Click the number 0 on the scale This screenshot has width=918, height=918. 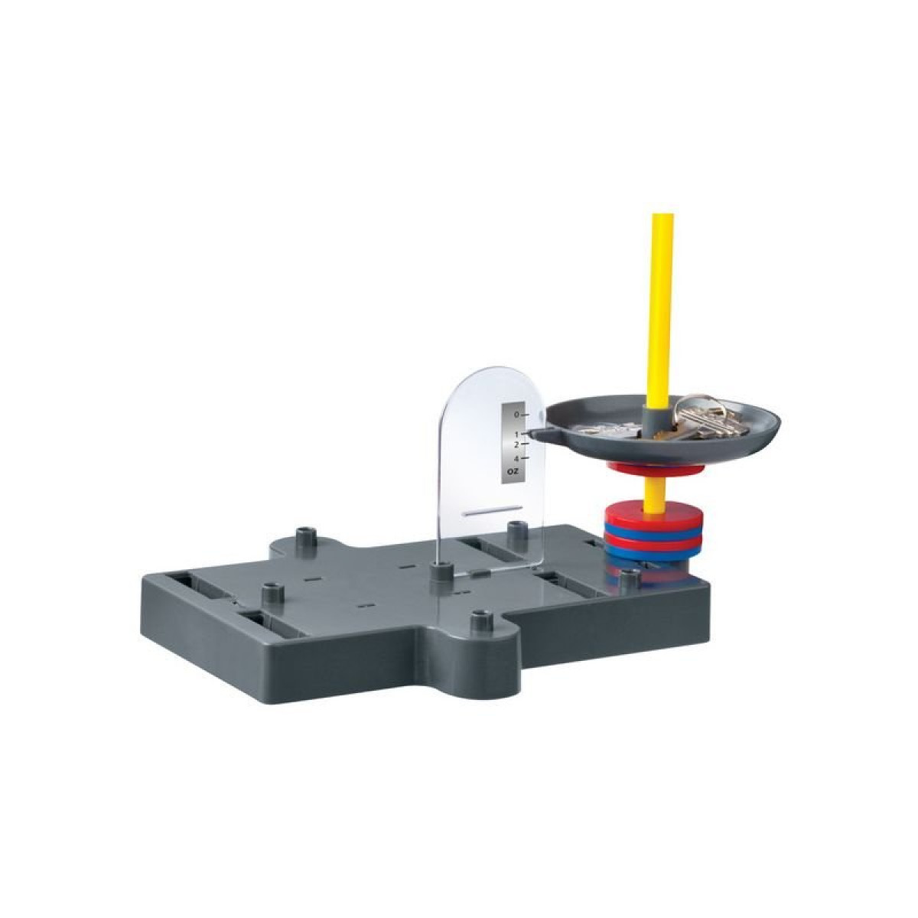[516, 415]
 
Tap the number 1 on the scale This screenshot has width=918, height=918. [516, 435]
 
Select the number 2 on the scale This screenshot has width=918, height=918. [516, 444]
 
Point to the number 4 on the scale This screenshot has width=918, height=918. [516, 459]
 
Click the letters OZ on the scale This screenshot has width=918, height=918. [514, 471]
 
